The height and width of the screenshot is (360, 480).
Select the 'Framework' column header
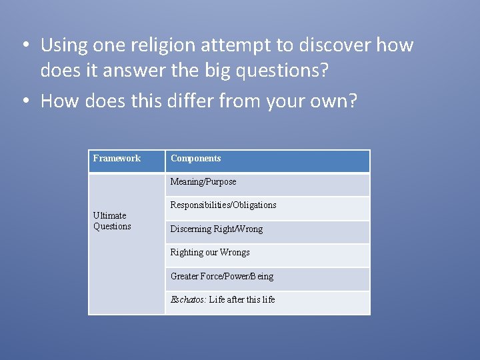point(117,159)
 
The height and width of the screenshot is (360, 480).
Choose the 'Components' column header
point(195,159)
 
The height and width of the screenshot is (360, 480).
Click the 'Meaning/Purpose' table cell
point(203,182)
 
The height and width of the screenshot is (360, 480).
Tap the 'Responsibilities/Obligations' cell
point(223,205)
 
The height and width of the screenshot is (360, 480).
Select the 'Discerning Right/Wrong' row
point(217,229)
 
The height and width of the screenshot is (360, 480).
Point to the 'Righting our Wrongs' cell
point(210,253)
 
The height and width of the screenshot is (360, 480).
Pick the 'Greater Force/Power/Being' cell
point(222,277)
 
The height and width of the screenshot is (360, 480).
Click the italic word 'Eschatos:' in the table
point(188,300)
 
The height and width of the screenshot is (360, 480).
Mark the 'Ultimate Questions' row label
point(112,221)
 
